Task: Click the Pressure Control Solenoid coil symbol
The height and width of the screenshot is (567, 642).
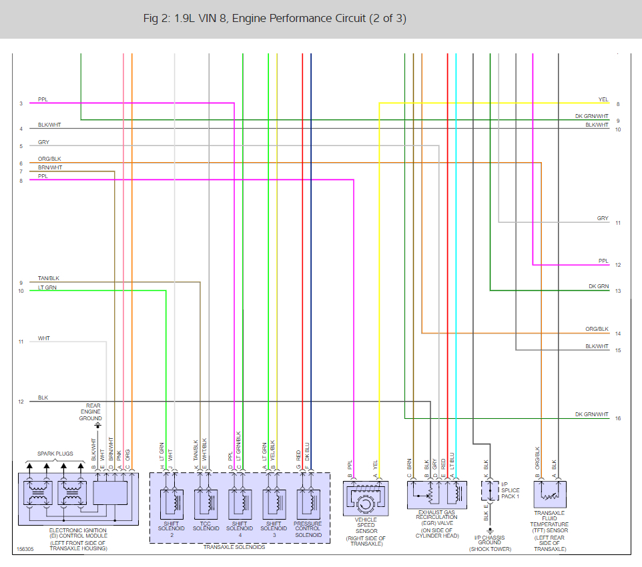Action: click(x=308, y=500)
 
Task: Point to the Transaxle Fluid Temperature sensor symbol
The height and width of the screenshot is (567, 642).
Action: click(x=550, y=496)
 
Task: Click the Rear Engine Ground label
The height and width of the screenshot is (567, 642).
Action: click(x=93, y=412)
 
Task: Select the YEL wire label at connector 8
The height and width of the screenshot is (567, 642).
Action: click(x=603, y=99)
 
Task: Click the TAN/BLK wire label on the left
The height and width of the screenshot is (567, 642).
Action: click(x=49, y=278)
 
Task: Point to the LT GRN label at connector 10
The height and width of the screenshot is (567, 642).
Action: click(x=47, y=287)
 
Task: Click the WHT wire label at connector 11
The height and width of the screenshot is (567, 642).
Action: click(x=44, y=338)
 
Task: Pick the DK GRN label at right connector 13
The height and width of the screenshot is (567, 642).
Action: click(x=599, y=286)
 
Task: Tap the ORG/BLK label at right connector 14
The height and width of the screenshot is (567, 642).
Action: click(x=597, y=329)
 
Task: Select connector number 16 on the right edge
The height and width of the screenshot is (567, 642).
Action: click(x=618, y=418)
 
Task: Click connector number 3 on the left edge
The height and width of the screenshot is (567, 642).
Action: click(x=21, y=103)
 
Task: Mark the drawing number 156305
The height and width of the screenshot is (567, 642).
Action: click(x=25, y=550)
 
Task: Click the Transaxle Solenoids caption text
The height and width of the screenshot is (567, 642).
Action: click(x=239, y=547)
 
